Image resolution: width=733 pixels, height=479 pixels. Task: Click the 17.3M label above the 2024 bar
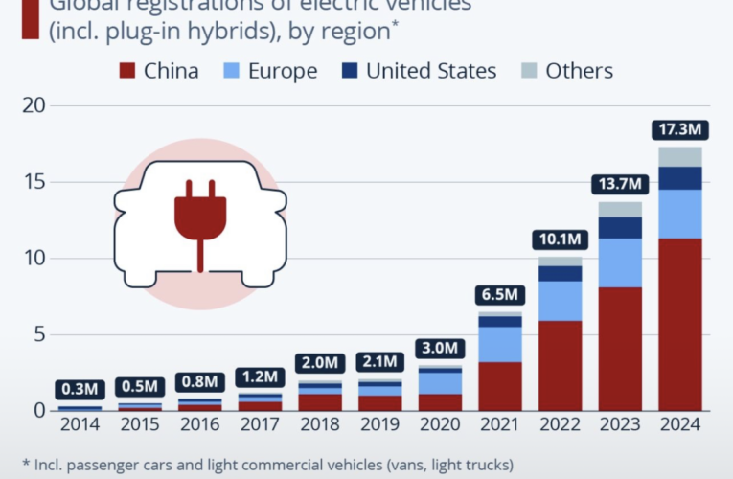pyautogui.click(x=680, y=128)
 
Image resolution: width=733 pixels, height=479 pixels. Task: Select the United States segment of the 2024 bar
pyautogui.click(x=680, y=178)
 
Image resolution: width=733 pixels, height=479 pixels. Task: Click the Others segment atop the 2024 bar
pyautogui.click(x=680, y=156)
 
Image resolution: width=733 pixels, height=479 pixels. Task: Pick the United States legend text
pyautogui.click(x=431, y=71)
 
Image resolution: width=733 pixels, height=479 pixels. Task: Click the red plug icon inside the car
pyautogui.click(x=199, y=217)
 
